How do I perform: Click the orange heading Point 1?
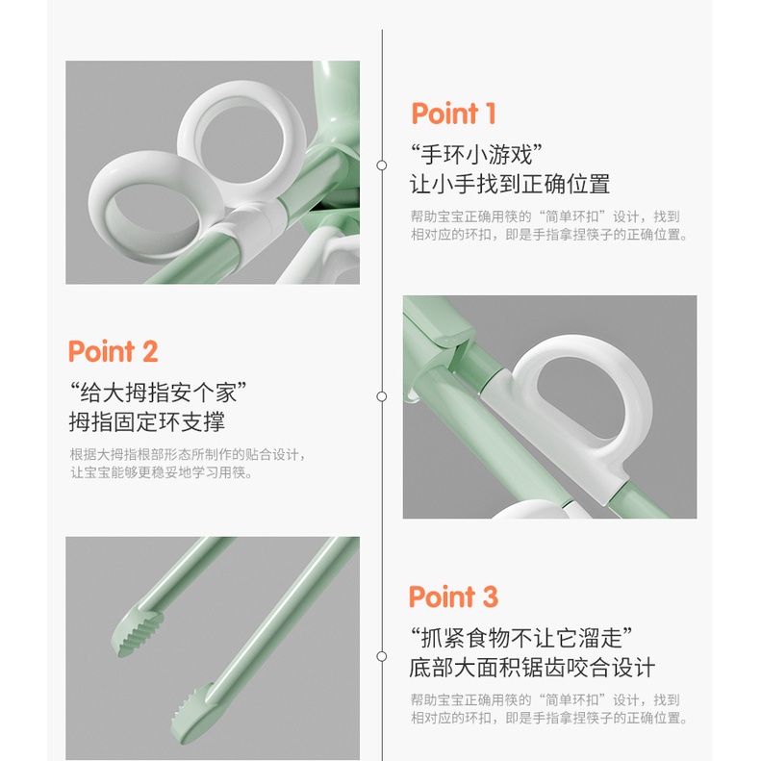tap(453, 114)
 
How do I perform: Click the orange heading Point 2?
tap(114, 351)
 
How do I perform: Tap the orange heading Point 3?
tap(453, 596)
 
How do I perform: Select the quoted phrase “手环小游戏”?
tap(476, 155)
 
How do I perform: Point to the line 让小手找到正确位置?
tap(510, 185)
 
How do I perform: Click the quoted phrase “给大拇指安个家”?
tap(158, 393)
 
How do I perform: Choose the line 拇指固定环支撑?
tap(147, 421)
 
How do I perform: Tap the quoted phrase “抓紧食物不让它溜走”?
tap(521, 638)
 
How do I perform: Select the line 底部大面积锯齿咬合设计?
tap(532, 668)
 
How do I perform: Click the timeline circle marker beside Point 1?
tap(382, 165)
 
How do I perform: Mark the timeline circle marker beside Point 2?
tap(382, 396)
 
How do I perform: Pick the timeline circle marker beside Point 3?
tap(382, 656)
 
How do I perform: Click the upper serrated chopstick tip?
tap(138, 632)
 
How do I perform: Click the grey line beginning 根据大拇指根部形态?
tap(188, 455)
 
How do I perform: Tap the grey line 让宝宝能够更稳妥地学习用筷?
tap(162, 472)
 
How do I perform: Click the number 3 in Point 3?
tap(491, 596)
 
